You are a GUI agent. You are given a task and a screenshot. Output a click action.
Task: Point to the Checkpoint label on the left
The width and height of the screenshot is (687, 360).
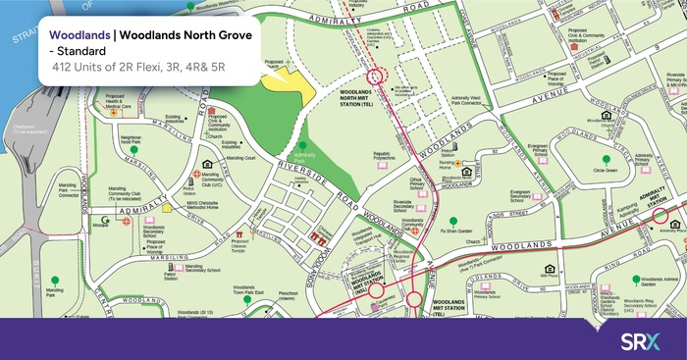click(x=23, y=129)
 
